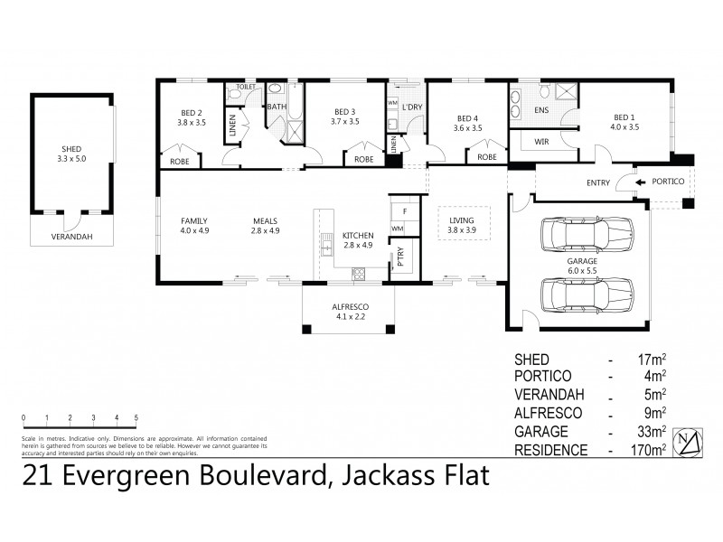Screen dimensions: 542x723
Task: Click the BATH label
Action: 277,107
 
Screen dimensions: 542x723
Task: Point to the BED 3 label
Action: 344,113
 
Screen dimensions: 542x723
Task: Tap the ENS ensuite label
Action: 542,110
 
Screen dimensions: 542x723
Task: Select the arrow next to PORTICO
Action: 642,182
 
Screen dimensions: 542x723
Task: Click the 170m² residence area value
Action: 651,448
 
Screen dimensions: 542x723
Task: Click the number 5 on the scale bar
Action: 136,417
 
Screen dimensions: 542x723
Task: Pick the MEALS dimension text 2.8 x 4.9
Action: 264,229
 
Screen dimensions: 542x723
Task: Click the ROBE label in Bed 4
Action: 487,157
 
